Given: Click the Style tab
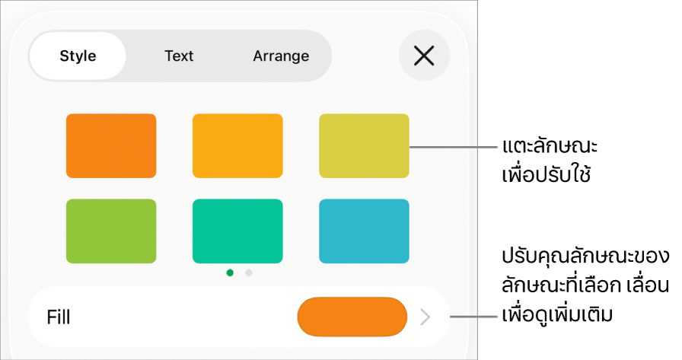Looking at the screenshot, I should click(78, 56).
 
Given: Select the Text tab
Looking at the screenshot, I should click(179, 56).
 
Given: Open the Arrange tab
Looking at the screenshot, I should click(281, 56).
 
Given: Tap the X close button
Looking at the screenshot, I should click(424, 56).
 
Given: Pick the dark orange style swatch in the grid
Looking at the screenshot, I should click(111, 145).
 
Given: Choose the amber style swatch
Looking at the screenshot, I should click(237, 145).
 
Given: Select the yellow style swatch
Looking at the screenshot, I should click(364, 145).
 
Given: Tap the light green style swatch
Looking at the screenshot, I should click(111, 231).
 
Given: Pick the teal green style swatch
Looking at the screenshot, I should click(237, 231).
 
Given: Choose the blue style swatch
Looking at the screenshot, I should click(364, 231).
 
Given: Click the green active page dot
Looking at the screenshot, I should click(230, 272).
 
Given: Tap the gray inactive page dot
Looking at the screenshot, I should click(249, 272).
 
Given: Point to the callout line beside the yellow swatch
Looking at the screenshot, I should click(454, 147).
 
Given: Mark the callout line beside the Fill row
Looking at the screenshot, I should click(473, 316).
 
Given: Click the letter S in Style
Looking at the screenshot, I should click(64, 56).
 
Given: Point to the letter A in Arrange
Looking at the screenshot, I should click(259, 56).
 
